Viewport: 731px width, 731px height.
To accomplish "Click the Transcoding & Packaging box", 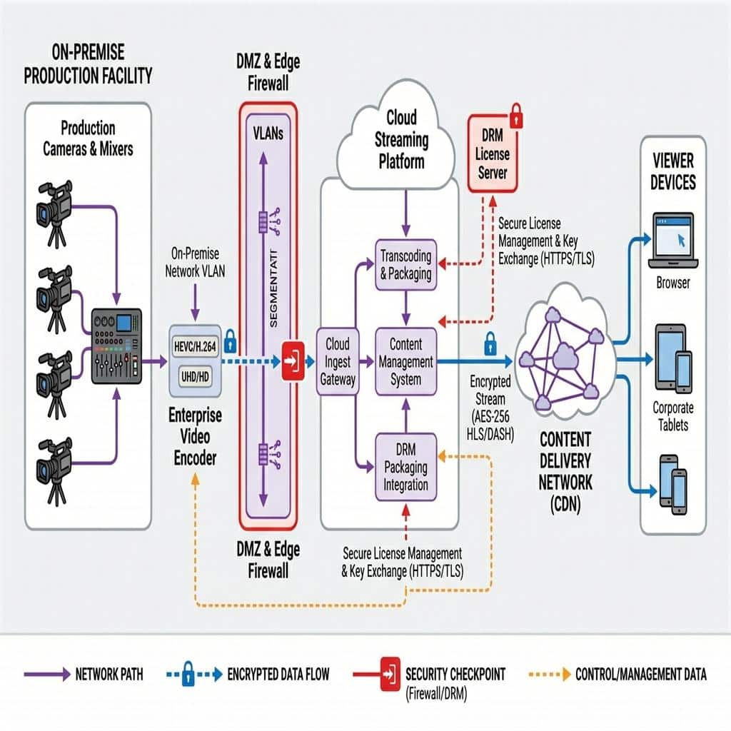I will [405, 265].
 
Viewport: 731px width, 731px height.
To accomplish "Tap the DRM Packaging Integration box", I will [405, 467].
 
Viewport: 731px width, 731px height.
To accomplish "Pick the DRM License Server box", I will [492, 153].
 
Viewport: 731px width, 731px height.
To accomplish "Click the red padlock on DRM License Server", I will [516, 116].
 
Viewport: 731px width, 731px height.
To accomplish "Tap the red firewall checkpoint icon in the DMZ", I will [293, 363].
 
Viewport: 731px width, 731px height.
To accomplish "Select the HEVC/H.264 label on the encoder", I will [194, 346].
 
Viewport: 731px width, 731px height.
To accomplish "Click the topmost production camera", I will [54, 203].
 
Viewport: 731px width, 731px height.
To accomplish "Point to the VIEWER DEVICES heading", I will [672, 171].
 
